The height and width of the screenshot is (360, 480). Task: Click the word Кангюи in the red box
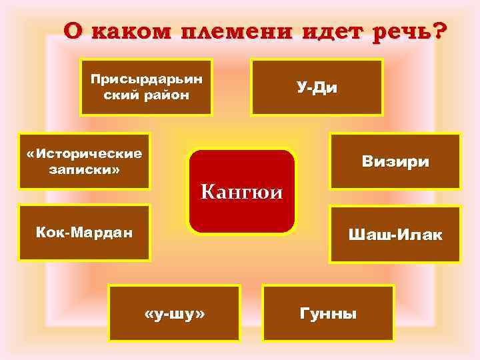point(242,193)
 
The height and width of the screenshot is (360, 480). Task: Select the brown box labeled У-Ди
point(317,87)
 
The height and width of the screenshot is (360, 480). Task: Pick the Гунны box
point(329,313)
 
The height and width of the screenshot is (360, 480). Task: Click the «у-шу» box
point(175,313)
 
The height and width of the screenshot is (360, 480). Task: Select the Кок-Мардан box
point(85,233)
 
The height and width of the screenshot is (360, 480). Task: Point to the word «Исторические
point(85,153)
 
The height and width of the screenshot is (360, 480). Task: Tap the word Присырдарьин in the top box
point(147,80)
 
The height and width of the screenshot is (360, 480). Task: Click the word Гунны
point(329,313)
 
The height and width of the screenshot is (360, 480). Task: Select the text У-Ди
point(317,87)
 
